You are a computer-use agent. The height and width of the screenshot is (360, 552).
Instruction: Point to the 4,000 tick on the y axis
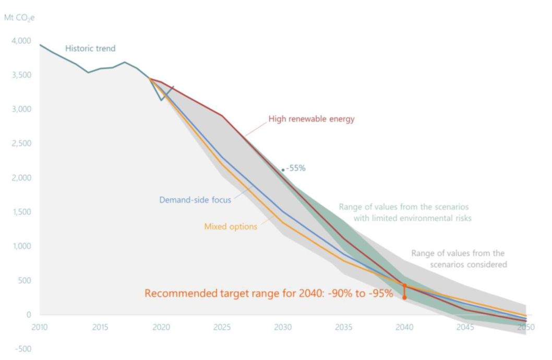click(21, 41)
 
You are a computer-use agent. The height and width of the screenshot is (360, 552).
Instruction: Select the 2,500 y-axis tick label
click(21, 143)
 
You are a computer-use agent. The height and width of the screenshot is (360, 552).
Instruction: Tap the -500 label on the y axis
click(23, 349)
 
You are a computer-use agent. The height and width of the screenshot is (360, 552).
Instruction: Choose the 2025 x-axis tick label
click(222, 328)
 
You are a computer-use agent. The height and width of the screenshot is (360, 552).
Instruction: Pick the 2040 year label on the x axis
click(404, 328)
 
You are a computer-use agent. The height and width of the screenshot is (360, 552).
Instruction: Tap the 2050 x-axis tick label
click(526, 328)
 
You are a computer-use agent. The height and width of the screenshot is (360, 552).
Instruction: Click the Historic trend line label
click(90, 49)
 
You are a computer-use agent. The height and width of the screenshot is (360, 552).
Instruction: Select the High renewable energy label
click(311, 119)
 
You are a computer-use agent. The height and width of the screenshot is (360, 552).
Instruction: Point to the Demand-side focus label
click(195, 200)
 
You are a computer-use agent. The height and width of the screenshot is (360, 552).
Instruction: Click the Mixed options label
click(231, 227)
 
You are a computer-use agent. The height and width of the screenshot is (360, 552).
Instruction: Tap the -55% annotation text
click(295, 169)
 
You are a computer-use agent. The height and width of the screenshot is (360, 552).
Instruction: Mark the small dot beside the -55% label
click(283, 170)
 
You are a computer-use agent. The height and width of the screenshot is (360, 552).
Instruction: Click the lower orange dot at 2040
click(404, 297)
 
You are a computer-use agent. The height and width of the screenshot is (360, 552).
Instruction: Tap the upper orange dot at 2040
click(404, 285)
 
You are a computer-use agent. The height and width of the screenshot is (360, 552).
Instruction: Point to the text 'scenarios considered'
click(468, 265)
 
